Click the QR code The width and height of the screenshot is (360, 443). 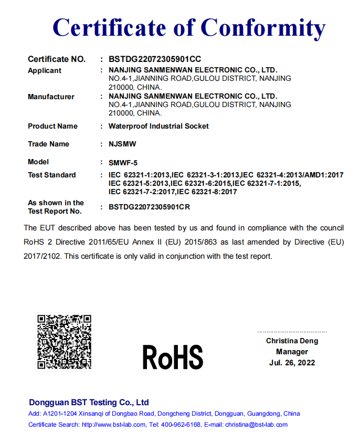63,341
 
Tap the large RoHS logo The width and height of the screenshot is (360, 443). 173,357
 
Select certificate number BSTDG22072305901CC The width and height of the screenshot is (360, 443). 155,59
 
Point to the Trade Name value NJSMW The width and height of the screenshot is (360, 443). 119,144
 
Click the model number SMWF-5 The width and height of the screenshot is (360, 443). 123,162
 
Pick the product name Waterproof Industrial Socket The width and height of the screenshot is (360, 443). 158,126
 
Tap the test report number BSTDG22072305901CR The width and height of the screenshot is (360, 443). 149,207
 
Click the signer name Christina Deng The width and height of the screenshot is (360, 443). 292,341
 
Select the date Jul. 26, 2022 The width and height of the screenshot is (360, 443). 292,363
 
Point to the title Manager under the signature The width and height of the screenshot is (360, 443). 292,352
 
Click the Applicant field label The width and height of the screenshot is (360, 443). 45,70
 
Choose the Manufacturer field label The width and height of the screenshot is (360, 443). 51,97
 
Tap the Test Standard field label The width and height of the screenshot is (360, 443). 51,175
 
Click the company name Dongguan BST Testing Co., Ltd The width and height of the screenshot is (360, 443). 89,403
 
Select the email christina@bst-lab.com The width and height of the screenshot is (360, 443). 256,425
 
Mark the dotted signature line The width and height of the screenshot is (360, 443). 292,332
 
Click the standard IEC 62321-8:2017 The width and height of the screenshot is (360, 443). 207,192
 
